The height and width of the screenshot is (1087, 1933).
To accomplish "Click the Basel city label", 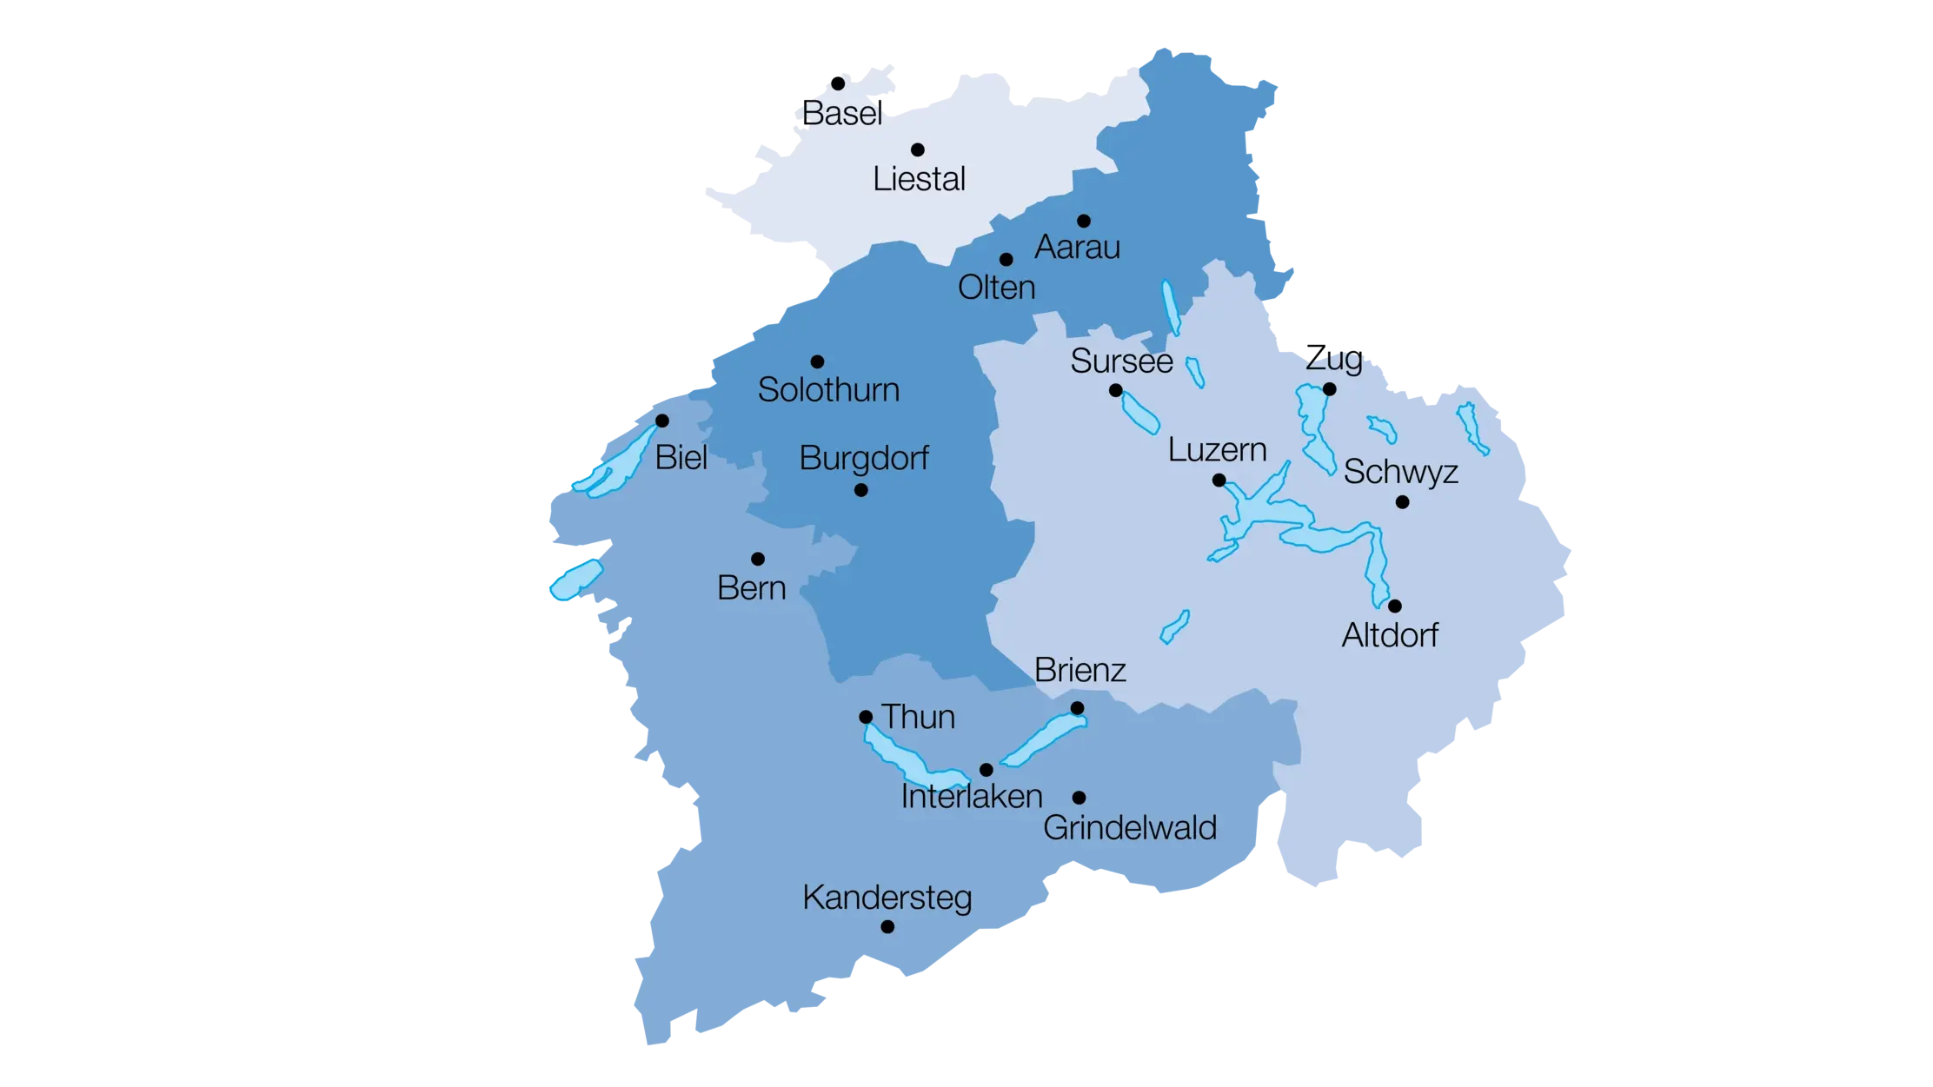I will [x=841, y=114].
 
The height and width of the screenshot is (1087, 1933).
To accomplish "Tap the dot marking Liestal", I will [x=917, y=149].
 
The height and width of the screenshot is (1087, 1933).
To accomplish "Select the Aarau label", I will [x=1077, y=248].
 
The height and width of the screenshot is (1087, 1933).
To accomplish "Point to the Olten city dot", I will [x=1006, y=259].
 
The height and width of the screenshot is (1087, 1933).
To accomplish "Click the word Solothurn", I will [x=828, y=390].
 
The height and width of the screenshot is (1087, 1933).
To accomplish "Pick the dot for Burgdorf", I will [x=860, y=490].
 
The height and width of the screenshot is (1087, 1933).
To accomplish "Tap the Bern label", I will [x=751, y=588].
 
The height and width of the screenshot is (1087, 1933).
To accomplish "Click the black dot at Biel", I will [x=661, y=421].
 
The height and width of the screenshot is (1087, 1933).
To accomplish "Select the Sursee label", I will [x=1121, y=361].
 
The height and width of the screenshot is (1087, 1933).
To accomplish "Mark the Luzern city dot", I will [x=1219, y=481].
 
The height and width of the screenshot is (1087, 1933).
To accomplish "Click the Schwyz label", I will [x=1400, y=472].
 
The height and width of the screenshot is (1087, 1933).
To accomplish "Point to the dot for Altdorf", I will [x=1394, y=606].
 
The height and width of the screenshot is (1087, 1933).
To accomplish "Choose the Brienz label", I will [x=1080, y=670].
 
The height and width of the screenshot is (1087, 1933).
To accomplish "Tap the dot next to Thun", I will [x=866, y=717].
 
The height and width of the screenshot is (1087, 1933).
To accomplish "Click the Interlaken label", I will [x=971, y=797].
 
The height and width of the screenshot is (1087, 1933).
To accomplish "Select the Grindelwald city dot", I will [x=1079, y=798].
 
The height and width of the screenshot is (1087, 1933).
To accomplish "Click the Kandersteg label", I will [x=887, y=898].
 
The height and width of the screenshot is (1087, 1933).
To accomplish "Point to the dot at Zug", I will [x=1329, y=389].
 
